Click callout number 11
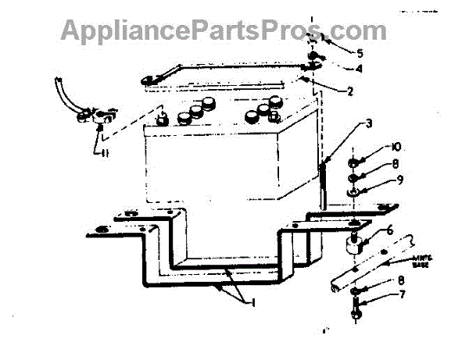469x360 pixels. pos(102,154)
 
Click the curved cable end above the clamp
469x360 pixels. pos(61,87)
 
